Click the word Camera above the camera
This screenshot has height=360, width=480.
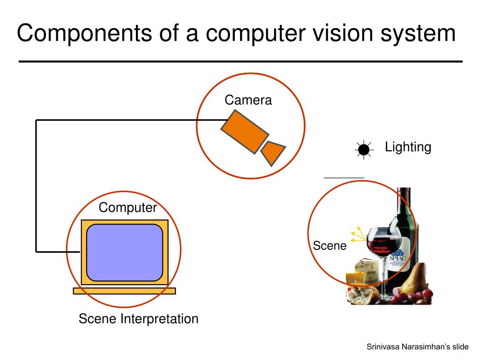(248, 100)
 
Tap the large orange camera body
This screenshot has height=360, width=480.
(245, 131)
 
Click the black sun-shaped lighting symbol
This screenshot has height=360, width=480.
(363, 150)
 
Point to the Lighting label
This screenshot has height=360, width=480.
(408, 147)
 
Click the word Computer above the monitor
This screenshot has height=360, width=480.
(127, 208)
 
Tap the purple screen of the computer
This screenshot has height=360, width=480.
(125, 253)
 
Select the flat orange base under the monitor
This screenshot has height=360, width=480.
(124, 291)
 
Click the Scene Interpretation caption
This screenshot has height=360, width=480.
(138, 319)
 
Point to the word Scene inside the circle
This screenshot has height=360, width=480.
(330, 246)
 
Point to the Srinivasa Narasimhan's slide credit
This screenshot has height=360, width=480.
(417, 347)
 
